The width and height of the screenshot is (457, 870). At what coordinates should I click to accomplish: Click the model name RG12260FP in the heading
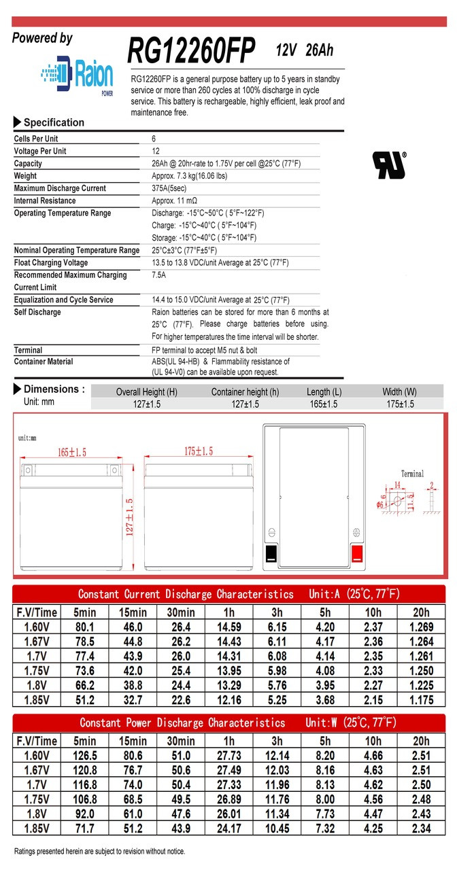pos(191,50)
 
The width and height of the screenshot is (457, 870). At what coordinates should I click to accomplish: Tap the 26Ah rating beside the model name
pos(319,50)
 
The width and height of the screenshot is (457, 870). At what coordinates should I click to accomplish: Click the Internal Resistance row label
pos(46,201)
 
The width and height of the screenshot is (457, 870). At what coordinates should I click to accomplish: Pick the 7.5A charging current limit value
pos(159,275)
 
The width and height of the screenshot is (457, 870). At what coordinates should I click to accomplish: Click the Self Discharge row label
pos(37,312)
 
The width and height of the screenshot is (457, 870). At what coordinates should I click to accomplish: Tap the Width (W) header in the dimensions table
pos(400,392)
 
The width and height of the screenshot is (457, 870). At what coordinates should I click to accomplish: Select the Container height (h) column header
pos(245,392)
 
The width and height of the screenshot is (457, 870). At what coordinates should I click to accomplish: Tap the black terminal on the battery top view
pos(270,553)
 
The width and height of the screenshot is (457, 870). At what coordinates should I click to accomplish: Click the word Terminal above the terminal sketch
pos(412,474)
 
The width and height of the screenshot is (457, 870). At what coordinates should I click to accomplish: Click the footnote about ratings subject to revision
pos(99,851)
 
